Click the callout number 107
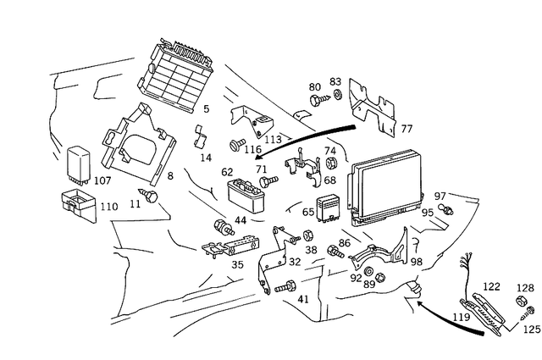[x=102, y=180]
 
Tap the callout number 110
[x=109, y=206]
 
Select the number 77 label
[x=406, y=129]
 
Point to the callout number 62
[x=227, y=172]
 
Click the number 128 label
[x=526, y=287]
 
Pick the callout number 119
[x=460, y=319]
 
